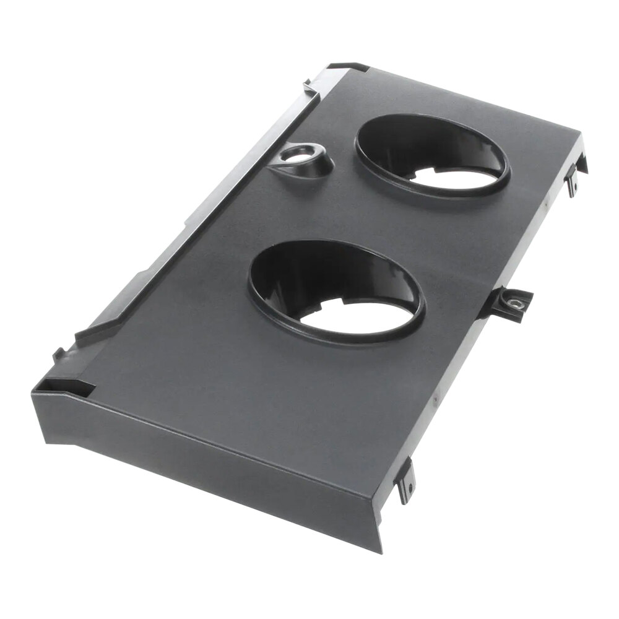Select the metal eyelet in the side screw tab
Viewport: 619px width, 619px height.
click(x=514, y=303)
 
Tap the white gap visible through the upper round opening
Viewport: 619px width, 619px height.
click(x=458, y=177)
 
